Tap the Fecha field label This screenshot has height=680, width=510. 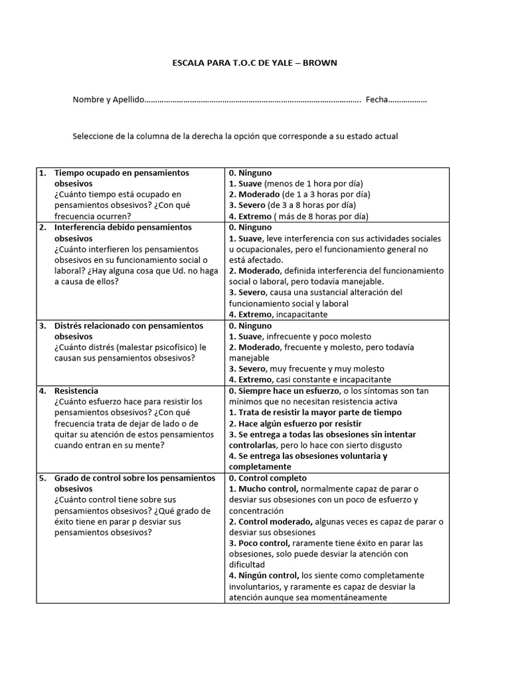pyautogui.click(x=376, y=100)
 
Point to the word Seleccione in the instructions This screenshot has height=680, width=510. pyautogui.click(x=93, y=136)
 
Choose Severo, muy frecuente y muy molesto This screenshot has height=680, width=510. pyautogui.click(x=306, y=369)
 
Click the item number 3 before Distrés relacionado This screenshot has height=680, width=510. pyautogui.click(x=42, y=326)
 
